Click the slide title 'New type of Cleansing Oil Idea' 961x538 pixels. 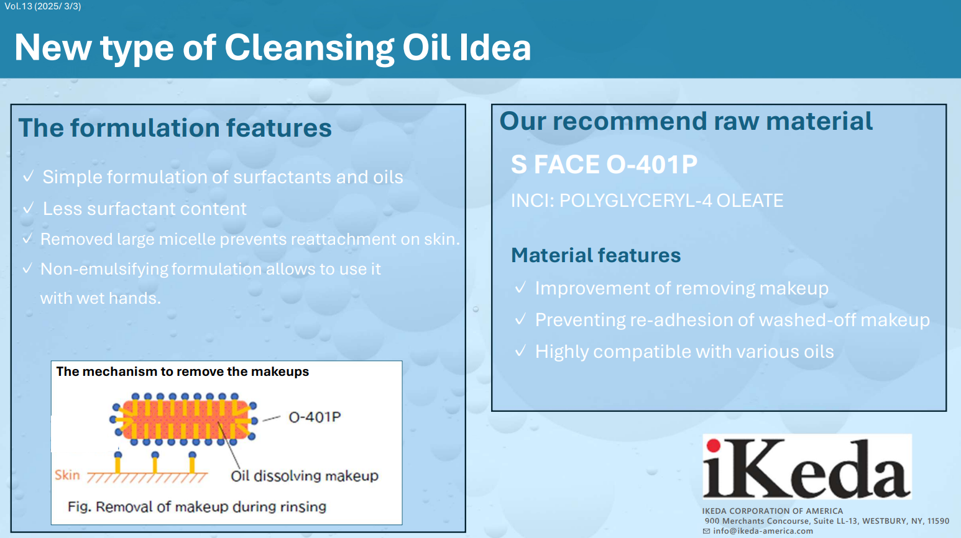(x=273, y=47)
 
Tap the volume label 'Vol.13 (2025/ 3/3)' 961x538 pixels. (x=43, y=6)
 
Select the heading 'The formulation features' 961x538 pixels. (x=175, y=128)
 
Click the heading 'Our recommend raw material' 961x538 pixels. (x=686, y=121)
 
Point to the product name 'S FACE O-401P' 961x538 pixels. (x=604, y=164)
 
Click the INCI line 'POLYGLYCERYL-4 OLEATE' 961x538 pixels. (x=671, y=201)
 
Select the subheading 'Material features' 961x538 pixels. (x=596, y=255)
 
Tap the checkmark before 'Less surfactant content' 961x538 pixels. (x=29, y=208)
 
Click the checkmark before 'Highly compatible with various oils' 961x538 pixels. (x=520, y=351)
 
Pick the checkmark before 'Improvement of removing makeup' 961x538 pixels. (x=520, y=288)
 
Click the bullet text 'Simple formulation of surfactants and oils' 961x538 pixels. (x=223, y=176)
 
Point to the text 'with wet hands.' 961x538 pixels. (x=101, y=298)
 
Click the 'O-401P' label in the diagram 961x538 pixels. (x=315, y=417)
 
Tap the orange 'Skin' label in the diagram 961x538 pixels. (x=67, y=475)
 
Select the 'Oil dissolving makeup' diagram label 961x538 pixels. (x=305, y=476)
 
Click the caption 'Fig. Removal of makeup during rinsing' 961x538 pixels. (x=197, y=507)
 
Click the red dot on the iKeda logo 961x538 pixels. (x=714, y=445)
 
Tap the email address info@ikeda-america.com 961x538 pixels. (x=763, y=531)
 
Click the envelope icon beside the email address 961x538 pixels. (x=706, y=531)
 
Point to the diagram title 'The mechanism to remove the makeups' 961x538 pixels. (x=182, y=372)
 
